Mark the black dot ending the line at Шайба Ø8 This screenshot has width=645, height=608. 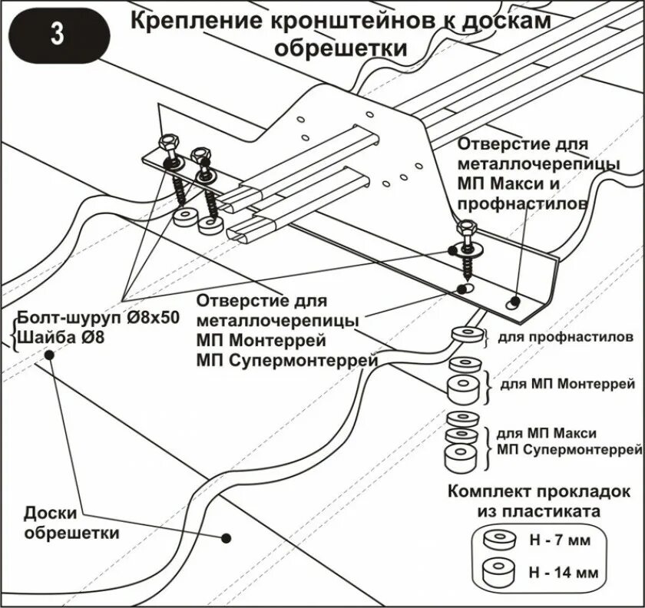click(x=48, y=355)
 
